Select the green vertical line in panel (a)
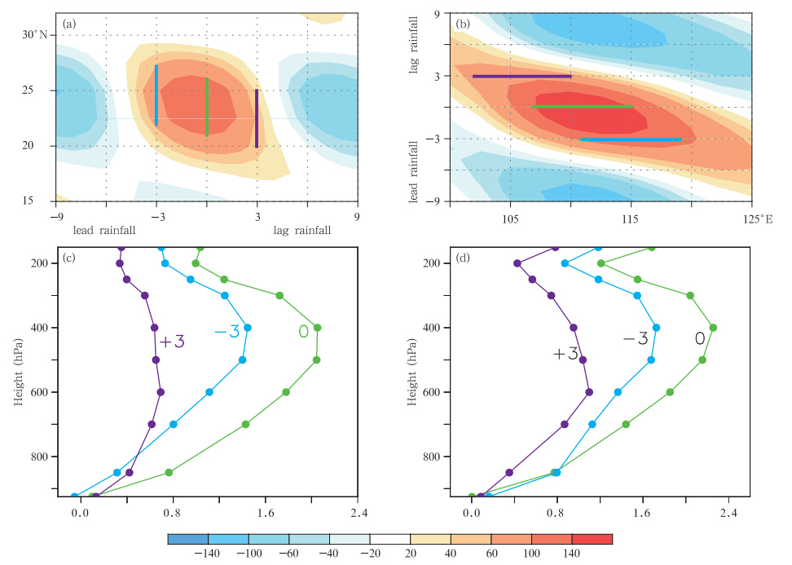[207, 107]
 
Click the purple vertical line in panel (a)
[257, 118]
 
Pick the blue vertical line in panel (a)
[156, 95]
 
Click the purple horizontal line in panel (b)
[521, 76]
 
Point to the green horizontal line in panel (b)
[583, 107]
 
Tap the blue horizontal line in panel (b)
[631, 139]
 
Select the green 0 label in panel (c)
[303, 332]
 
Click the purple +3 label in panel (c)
[172, 342]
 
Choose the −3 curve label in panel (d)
[635, 338]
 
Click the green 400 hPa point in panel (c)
[317, 328]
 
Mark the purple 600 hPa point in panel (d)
[589, 392]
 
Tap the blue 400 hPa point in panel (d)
[656, 328]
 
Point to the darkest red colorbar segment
[592, 539]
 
